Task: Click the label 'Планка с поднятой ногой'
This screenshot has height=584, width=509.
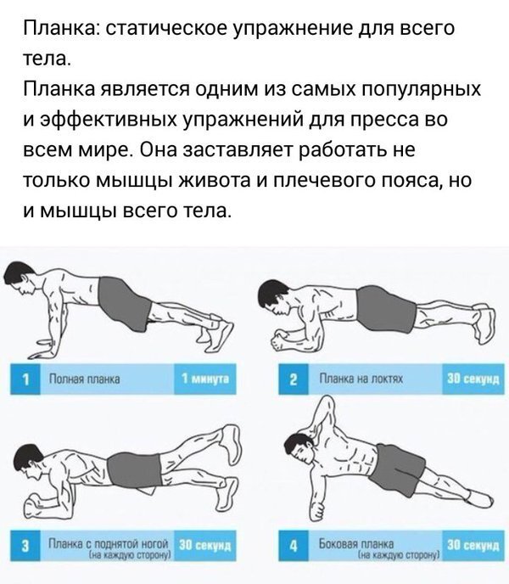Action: pos(109,542)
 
